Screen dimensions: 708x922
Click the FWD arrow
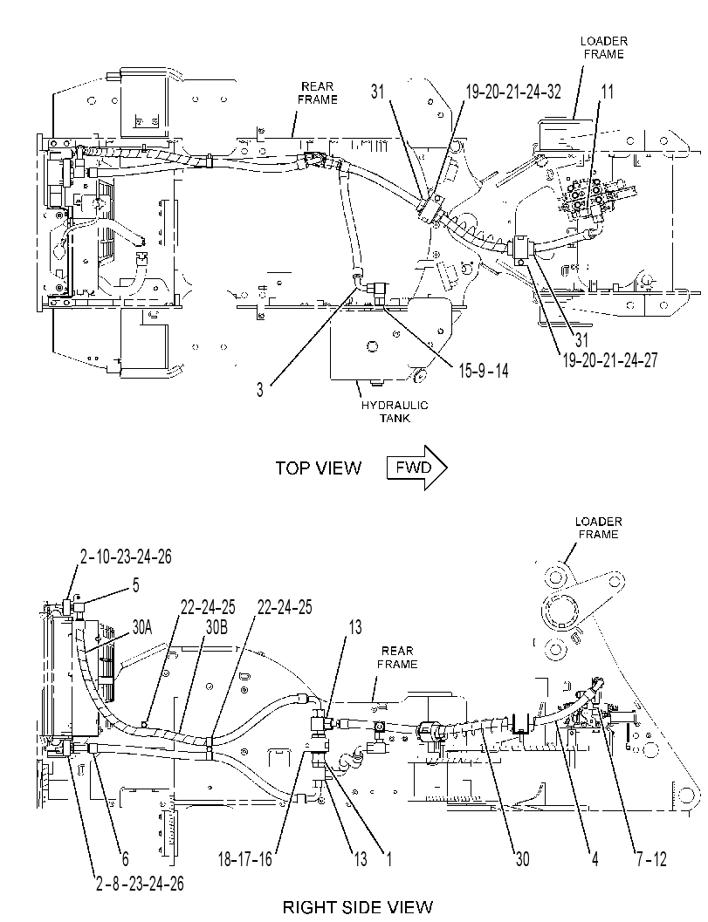click(417, 468)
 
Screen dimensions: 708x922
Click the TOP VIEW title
click(319, 468)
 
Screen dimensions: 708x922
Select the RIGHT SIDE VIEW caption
click(358, 906)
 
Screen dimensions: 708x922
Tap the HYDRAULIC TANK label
click(395, 412)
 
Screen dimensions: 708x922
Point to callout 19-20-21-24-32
click(513, 92)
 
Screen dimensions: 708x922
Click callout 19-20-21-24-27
click(610, 360)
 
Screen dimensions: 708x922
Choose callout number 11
click(608, 92)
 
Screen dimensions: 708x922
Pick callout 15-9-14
click(483, 371)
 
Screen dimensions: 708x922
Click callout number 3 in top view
click(260, 390)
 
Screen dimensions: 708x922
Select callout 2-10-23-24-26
click(126, 557)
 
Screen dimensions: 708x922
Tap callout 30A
click(141, 627)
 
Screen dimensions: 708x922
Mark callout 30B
click(216, 627)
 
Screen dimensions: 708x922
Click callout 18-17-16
click(244, 860)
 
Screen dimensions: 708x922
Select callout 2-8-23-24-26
click(140, 884)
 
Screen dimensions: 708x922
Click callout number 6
click(125, 860)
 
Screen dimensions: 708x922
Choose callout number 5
click(136, 585)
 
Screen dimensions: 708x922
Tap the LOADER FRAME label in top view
click(604, 48)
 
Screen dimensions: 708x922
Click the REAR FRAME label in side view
click(397, 658)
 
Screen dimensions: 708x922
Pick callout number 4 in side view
click(595, 860)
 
